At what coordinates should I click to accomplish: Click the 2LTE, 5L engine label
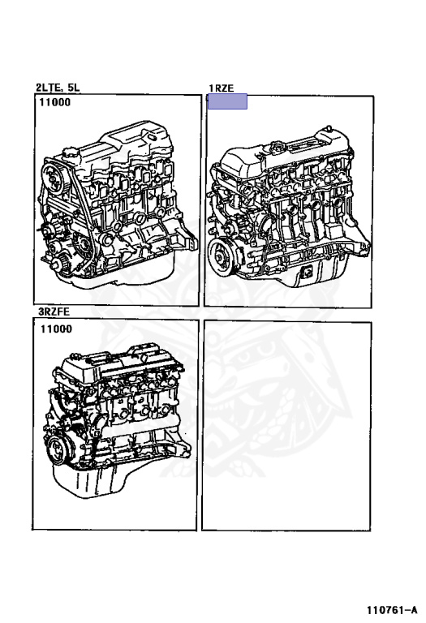click(x=58, y=88)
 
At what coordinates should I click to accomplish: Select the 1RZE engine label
click(x=222, y=88)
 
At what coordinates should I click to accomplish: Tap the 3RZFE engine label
click(x=54, y=311)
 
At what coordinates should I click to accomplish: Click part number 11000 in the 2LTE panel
click(x=55, y=102)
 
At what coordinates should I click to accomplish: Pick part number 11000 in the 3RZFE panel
click(x=56, y=329)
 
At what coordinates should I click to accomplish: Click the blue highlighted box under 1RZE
click(x=227, y=101)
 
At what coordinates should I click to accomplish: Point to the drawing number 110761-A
click(x=392, y=610)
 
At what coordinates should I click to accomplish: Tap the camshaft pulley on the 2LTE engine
click(x=54, y=178)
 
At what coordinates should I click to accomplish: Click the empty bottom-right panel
click(x=286, y=426)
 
